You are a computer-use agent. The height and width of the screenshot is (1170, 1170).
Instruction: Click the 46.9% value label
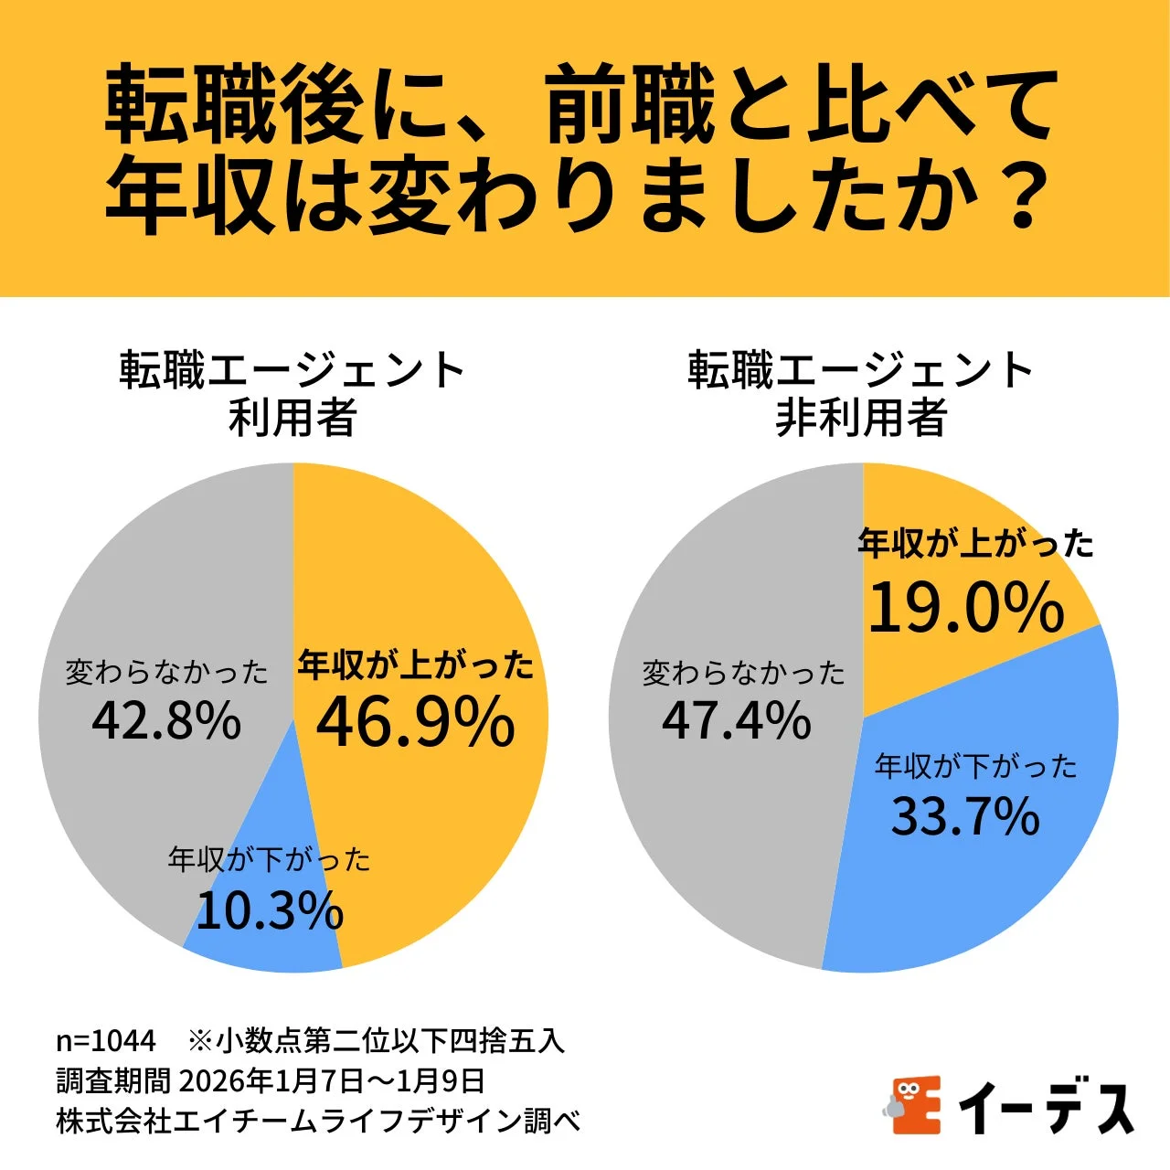click(416, 723)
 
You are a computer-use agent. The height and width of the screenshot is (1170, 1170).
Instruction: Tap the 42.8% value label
click(166, 721)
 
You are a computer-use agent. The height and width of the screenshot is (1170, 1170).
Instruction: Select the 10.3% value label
click(270, 911)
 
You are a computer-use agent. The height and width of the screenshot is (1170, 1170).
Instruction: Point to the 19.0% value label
click(966, 609)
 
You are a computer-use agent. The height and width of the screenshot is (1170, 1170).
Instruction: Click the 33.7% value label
click(965, 816)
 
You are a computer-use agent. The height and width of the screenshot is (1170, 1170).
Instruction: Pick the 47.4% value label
click(737, 721)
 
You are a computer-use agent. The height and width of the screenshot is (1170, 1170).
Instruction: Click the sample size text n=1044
click(106, 1040)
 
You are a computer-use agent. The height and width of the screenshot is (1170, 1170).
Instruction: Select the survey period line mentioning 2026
click(271, 1080)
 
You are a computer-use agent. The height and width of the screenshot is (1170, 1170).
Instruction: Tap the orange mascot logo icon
click(913, 1105)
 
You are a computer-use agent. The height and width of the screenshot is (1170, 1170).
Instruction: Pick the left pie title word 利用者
click(292, 418)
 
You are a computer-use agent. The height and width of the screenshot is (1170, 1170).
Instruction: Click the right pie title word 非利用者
click(861, 418)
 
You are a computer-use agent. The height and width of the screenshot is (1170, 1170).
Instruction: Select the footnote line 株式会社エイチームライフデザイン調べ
click(318, 1121)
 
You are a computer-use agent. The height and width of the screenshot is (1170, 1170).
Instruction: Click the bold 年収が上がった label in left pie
click(416, 665)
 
